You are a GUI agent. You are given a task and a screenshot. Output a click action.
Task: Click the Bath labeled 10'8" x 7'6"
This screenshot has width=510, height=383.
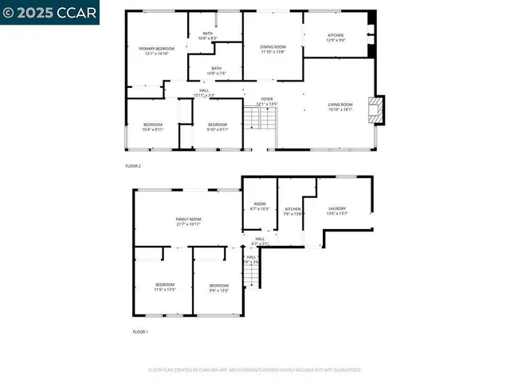coord(216,70)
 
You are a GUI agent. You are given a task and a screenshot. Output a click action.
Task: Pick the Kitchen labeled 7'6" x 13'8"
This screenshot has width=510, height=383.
coord(293,211)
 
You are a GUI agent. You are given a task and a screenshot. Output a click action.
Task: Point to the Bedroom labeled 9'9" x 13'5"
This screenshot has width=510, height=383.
coord(219,287)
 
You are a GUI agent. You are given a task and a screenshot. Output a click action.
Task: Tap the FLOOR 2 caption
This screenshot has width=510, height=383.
coord(133,166)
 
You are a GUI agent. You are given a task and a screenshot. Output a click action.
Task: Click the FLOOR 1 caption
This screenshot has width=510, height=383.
coord(140,330)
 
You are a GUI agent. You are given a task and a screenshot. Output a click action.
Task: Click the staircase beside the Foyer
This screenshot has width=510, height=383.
coord(253,119)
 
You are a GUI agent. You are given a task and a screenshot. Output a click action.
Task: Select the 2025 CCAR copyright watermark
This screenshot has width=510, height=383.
coord(49,13)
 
